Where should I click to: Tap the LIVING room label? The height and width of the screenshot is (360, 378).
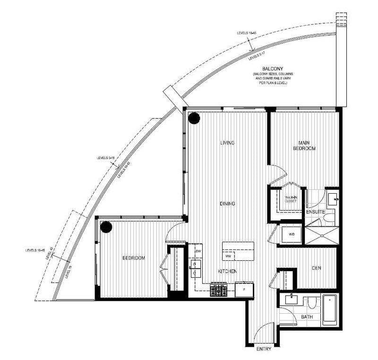point(228,143)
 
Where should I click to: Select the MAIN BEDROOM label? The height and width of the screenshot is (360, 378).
point(306,146)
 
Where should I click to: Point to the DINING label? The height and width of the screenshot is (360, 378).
point(227,204)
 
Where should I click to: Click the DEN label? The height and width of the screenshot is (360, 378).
point(317,268)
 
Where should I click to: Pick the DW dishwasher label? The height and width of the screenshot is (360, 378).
point(199,250)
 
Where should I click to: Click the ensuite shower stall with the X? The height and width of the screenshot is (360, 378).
point(322,235)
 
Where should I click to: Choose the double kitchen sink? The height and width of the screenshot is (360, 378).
point(195,268)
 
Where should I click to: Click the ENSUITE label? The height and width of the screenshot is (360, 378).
point(315,212)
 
